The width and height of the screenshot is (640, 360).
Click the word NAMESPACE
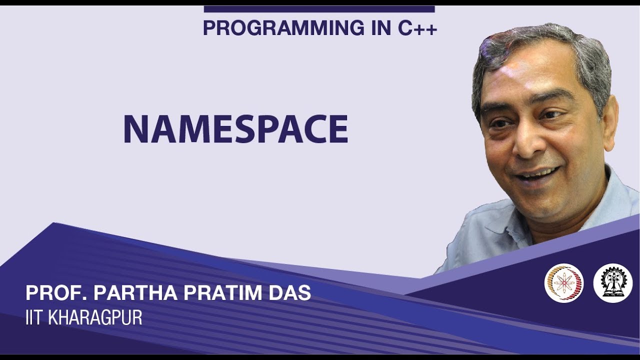(x=235, y=129)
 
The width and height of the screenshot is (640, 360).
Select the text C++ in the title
(x=417, y=28)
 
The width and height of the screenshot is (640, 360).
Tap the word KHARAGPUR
(x=95, y=318)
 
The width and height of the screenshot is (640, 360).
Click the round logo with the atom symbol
(x=564, y=283)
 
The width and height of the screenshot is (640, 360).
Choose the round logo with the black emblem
(x=612, y=283)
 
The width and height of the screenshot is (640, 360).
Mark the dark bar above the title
(x=319, y=9)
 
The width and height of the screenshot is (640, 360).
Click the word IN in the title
(x=378, y=28)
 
